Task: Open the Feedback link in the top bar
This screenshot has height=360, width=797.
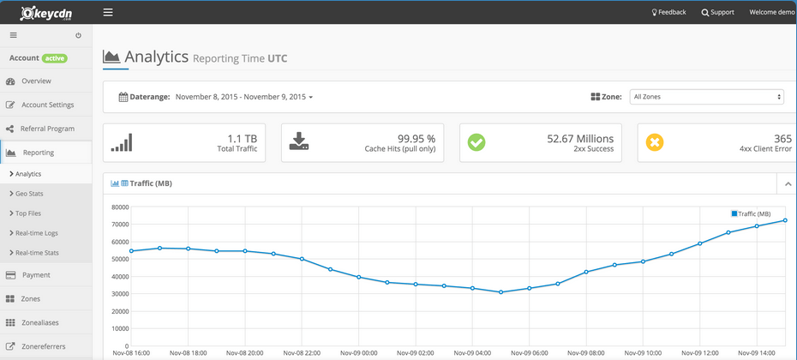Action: pos(668,12)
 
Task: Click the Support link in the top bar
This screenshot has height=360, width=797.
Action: pos(717,12)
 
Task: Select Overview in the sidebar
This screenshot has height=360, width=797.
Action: pos(36,81)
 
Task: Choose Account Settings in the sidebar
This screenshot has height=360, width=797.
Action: pos(47,105)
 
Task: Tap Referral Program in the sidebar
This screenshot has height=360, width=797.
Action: pos(47,129)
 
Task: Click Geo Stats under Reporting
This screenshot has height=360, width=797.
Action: pos(29,194)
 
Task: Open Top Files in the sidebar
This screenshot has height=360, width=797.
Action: pos(28,213)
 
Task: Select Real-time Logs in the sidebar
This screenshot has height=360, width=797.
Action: pos(37,233)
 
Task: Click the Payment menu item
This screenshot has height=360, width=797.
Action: pos(36,275)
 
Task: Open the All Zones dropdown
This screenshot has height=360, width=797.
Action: pos(706,97)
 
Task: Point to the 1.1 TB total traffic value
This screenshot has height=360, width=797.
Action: pos(242,138)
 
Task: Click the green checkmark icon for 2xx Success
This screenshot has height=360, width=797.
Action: pos(476,142)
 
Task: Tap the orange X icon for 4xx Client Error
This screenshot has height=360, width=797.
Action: pos(655,142)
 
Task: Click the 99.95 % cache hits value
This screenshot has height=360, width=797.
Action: pos(416,138)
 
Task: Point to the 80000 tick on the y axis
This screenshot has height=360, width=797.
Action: pos(117,207)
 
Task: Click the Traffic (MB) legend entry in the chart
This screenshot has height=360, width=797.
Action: pos(751,213)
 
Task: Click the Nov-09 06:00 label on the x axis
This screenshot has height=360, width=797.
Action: pos(529,352)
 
